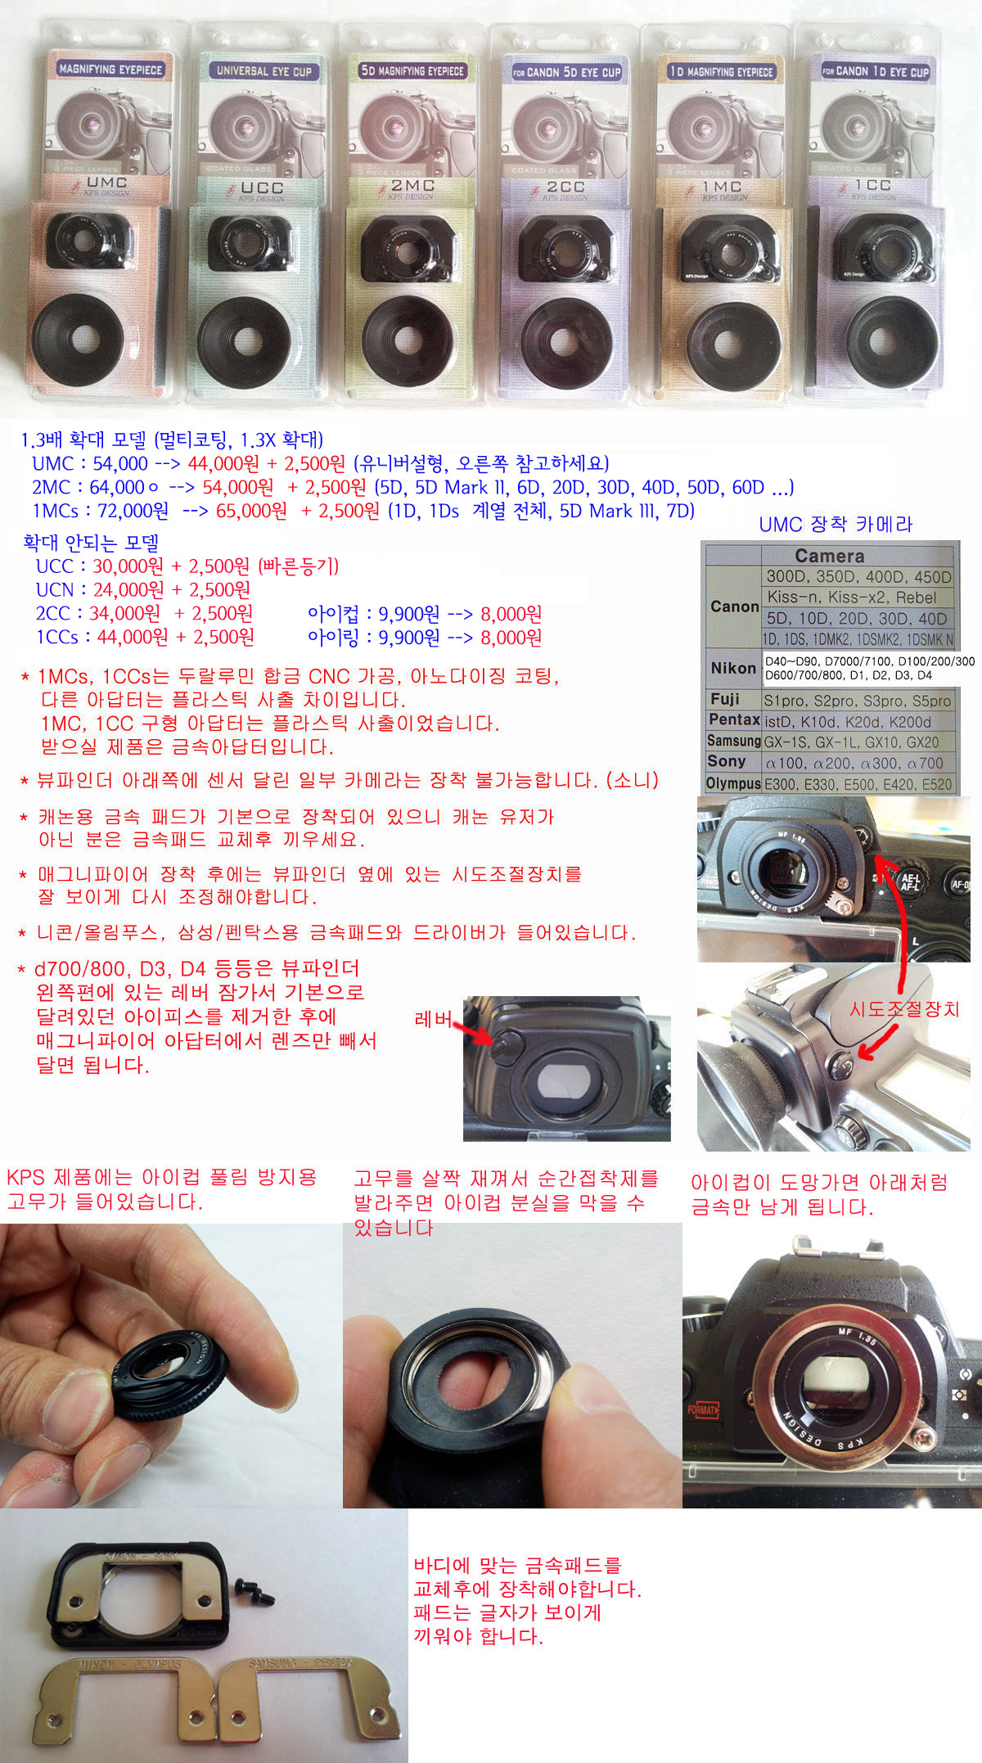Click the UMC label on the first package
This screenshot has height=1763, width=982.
click(x=106, y=182)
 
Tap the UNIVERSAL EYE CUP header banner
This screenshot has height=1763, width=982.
click(x=264, y=71)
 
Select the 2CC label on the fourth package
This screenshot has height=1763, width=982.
click(x=565, y=187)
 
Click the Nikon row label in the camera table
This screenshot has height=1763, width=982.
click(x=732, y=668)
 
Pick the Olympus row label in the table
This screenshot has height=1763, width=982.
click(x=733, y=783)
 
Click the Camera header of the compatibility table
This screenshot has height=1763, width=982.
click(x=829, y=555)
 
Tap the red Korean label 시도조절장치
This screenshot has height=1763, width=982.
click(x=904, y=1008)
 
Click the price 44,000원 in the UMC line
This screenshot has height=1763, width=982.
click(x=223, y=463)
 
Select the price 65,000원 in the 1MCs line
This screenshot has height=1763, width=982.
click(x=252, y=511)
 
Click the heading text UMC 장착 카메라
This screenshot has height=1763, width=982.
click(x=836, y=525)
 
